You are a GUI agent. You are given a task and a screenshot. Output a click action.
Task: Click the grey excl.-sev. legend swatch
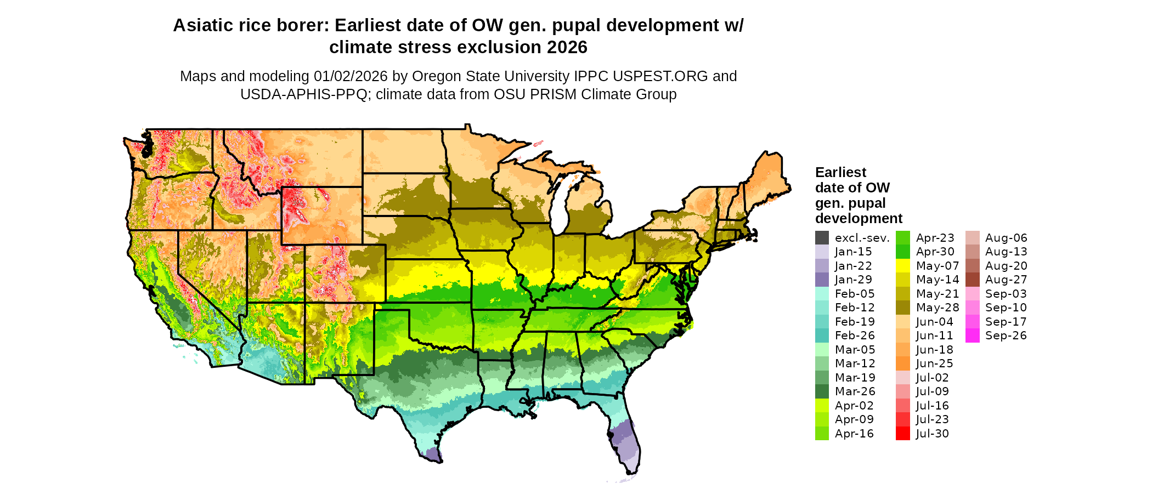(x=822, y=238)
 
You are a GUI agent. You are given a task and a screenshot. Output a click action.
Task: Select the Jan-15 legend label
(x=853, y=252)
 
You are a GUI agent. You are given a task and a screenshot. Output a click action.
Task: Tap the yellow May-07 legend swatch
(x=902, y=266)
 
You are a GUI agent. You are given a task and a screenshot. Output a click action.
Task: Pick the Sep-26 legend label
(x=1006, y=336)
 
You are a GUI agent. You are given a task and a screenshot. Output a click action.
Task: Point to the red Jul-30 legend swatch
(x=902, y=434)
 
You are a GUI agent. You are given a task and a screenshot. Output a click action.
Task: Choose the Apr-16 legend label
(x=854, y=434)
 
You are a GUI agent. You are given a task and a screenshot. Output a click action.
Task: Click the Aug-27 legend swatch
(x=972, y=280)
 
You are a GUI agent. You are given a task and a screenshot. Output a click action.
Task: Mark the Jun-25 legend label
(x=934, y=363)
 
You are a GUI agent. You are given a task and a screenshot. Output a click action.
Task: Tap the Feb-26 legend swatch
(x=822, y=336)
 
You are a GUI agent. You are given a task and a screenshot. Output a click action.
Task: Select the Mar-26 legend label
(x=855, y=391)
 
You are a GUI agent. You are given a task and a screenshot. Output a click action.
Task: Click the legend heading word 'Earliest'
(x=840, y=173)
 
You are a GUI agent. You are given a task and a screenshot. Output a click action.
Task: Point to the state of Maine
(x=768, y=175)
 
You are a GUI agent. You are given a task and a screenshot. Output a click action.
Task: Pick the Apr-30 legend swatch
(x=902, y=252)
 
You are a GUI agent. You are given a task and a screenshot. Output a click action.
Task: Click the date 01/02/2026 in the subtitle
(x=350, y=76)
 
